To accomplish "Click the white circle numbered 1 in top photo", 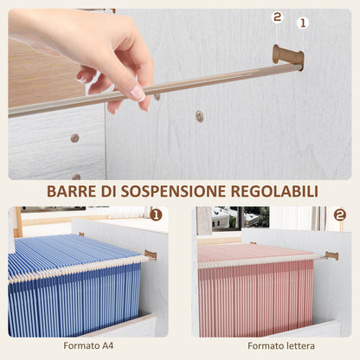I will [302, 22].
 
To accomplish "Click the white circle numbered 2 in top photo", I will [278, 16].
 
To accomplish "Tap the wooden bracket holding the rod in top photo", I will [288, 56].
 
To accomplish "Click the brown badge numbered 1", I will [156, 215].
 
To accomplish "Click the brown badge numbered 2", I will [339, 215].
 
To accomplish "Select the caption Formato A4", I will [88, 346].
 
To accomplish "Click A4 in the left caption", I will [108, 346].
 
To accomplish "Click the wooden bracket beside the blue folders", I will [151, 254].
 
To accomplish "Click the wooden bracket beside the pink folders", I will [331, 255].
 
